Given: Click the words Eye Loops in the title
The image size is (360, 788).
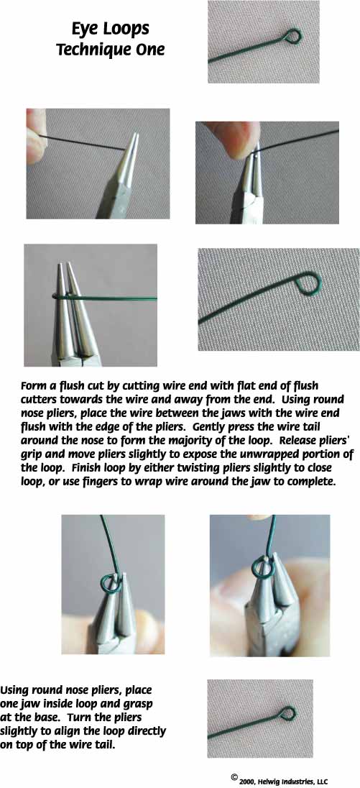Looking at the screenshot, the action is (110, 29).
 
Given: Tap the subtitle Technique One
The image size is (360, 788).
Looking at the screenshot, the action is (110, 50).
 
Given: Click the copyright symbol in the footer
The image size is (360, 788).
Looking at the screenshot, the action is (234, 777).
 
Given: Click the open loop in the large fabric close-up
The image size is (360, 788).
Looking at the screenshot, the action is (308, 283).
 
